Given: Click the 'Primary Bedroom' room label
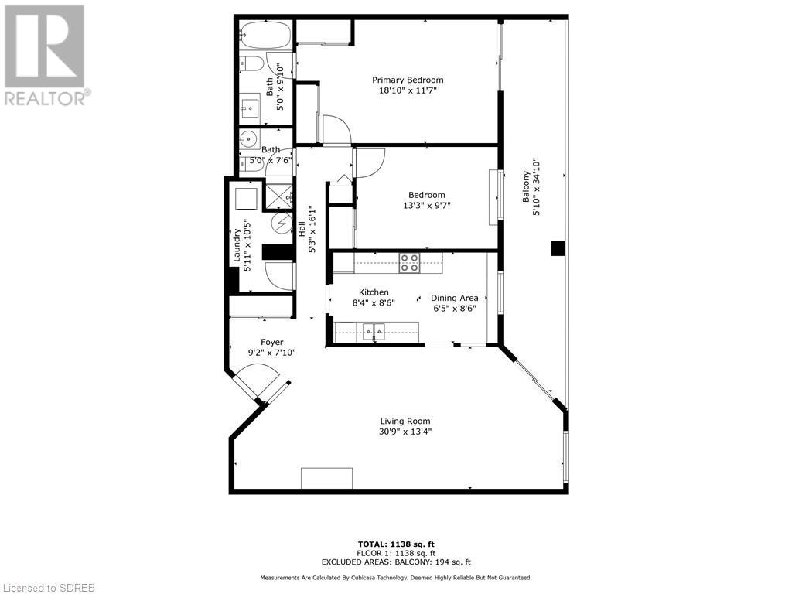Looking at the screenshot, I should [x=408, y=80].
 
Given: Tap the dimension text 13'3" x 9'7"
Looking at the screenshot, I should [x=426, y=206].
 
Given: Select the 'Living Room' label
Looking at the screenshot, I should [x=405, y=422].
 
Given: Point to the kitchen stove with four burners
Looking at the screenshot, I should [x=409, y=263].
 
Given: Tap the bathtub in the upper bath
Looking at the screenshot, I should [x=265, y=35].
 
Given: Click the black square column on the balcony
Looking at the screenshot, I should [x=558, y=248].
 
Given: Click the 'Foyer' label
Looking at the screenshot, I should [x=271, y=342].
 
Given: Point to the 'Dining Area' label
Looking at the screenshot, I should [x=454, y=298].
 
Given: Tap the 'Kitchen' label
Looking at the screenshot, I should [x=373, y=292].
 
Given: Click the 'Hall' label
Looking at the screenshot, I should [x=302, y=229].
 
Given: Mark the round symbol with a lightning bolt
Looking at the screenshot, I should [x=280, y=224].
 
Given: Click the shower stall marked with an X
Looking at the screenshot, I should [x=278, y=194].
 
